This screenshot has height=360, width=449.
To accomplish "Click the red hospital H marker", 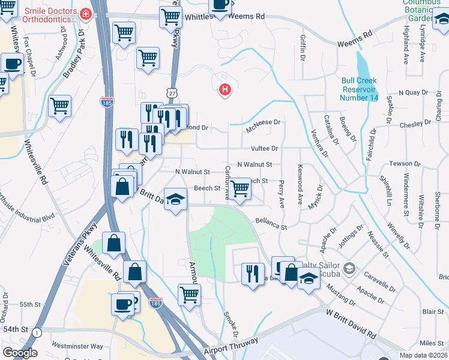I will (225, 90).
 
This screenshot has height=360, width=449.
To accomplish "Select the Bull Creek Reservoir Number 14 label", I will (360, 89).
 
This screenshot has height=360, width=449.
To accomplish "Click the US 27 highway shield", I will (172, 93).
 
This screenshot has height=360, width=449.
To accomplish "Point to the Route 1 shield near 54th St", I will (37, 332).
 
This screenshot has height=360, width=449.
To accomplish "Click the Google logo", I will (20, 353).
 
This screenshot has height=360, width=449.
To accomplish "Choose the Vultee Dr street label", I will (265, 148).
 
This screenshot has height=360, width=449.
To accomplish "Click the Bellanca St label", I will (271, 224).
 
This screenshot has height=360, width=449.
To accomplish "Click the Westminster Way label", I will (77, 346).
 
